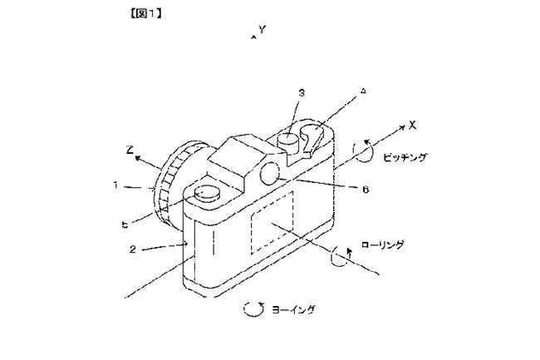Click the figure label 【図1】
click(146, 13)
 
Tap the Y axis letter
click(263, 30)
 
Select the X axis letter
click(412, 125)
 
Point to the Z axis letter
click(130, 150)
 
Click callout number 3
click(302, 92)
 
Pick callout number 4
click(363, 91)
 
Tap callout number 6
click(366, 189)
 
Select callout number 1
click(116, 185)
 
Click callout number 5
click(125, 225)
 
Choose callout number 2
click(133, 249)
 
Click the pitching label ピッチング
click(405, 157)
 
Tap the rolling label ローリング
click(383, 245)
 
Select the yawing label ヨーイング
click(293, 309)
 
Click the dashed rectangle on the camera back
click(272, 223)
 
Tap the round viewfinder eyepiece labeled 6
click(271, 172)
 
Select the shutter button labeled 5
click(207, 193)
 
